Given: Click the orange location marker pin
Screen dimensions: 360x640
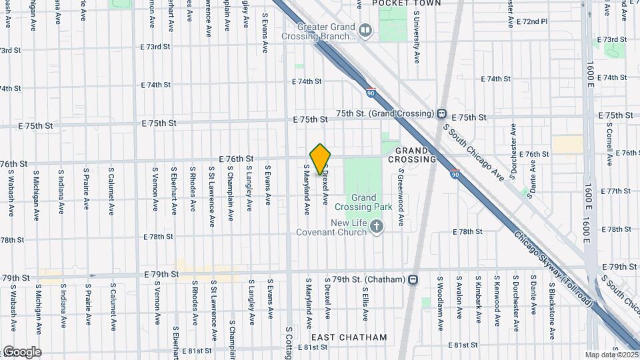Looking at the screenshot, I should click(321, 159).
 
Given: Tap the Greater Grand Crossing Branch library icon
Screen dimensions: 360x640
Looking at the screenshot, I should click(365, 30).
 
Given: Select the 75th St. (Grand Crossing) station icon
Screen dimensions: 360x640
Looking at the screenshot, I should click(442, 113).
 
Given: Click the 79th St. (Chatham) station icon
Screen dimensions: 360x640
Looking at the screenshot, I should click(413, 279).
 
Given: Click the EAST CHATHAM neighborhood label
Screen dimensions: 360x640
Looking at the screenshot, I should click(349, 337).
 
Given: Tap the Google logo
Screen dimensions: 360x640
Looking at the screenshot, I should click(21, 352).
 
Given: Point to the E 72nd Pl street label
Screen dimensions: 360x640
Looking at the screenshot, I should click(531, 21).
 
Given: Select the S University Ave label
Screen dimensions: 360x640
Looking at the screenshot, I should click(417, 37).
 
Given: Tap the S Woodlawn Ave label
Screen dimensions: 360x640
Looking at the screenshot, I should click(441, 302).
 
